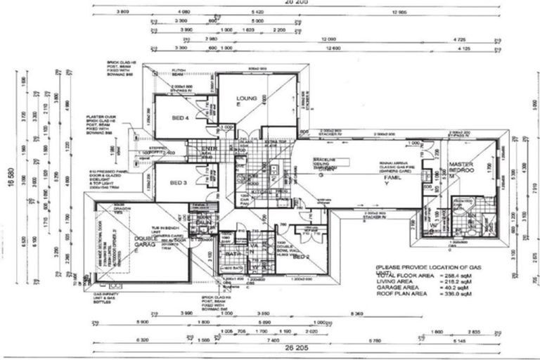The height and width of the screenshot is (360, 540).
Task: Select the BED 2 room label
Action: click(x=301, y=256)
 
